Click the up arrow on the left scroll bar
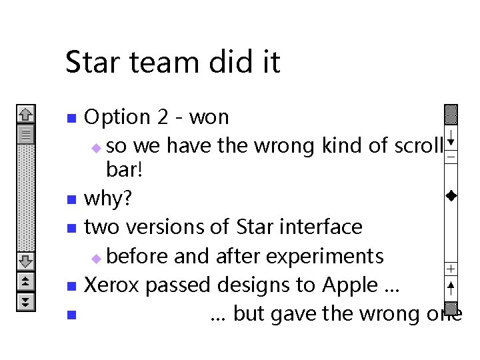click(26, 115)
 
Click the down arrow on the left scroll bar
click(26, 260)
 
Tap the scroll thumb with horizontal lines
click(26, 135)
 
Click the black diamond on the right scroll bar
click(451, 196)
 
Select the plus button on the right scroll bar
click(451, 269)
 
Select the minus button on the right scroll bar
click(451, 157)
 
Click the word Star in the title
click(89, 63)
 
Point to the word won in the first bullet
click(209, 117)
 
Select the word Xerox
click(113, 285)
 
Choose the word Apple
click(350, 285)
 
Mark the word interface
click(317, 227)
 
